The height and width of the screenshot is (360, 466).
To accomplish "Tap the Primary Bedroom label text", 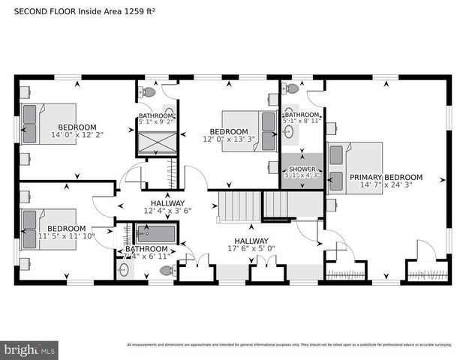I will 386,178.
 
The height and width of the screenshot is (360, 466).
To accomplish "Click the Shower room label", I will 302,169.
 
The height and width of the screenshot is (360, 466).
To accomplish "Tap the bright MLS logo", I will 30,349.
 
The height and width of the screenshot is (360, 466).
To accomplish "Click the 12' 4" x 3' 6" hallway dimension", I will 167,211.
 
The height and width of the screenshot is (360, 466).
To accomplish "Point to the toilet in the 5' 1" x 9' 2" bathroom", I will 149,92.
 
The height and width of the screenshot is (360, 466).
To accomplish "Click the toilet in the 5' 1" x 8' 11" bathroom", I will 292,88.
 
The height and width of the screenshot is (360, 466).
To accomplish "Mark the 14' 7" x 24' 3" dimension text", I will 386,185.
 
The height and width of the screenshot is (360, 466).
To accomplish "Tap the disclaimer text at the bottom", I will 289,345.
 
